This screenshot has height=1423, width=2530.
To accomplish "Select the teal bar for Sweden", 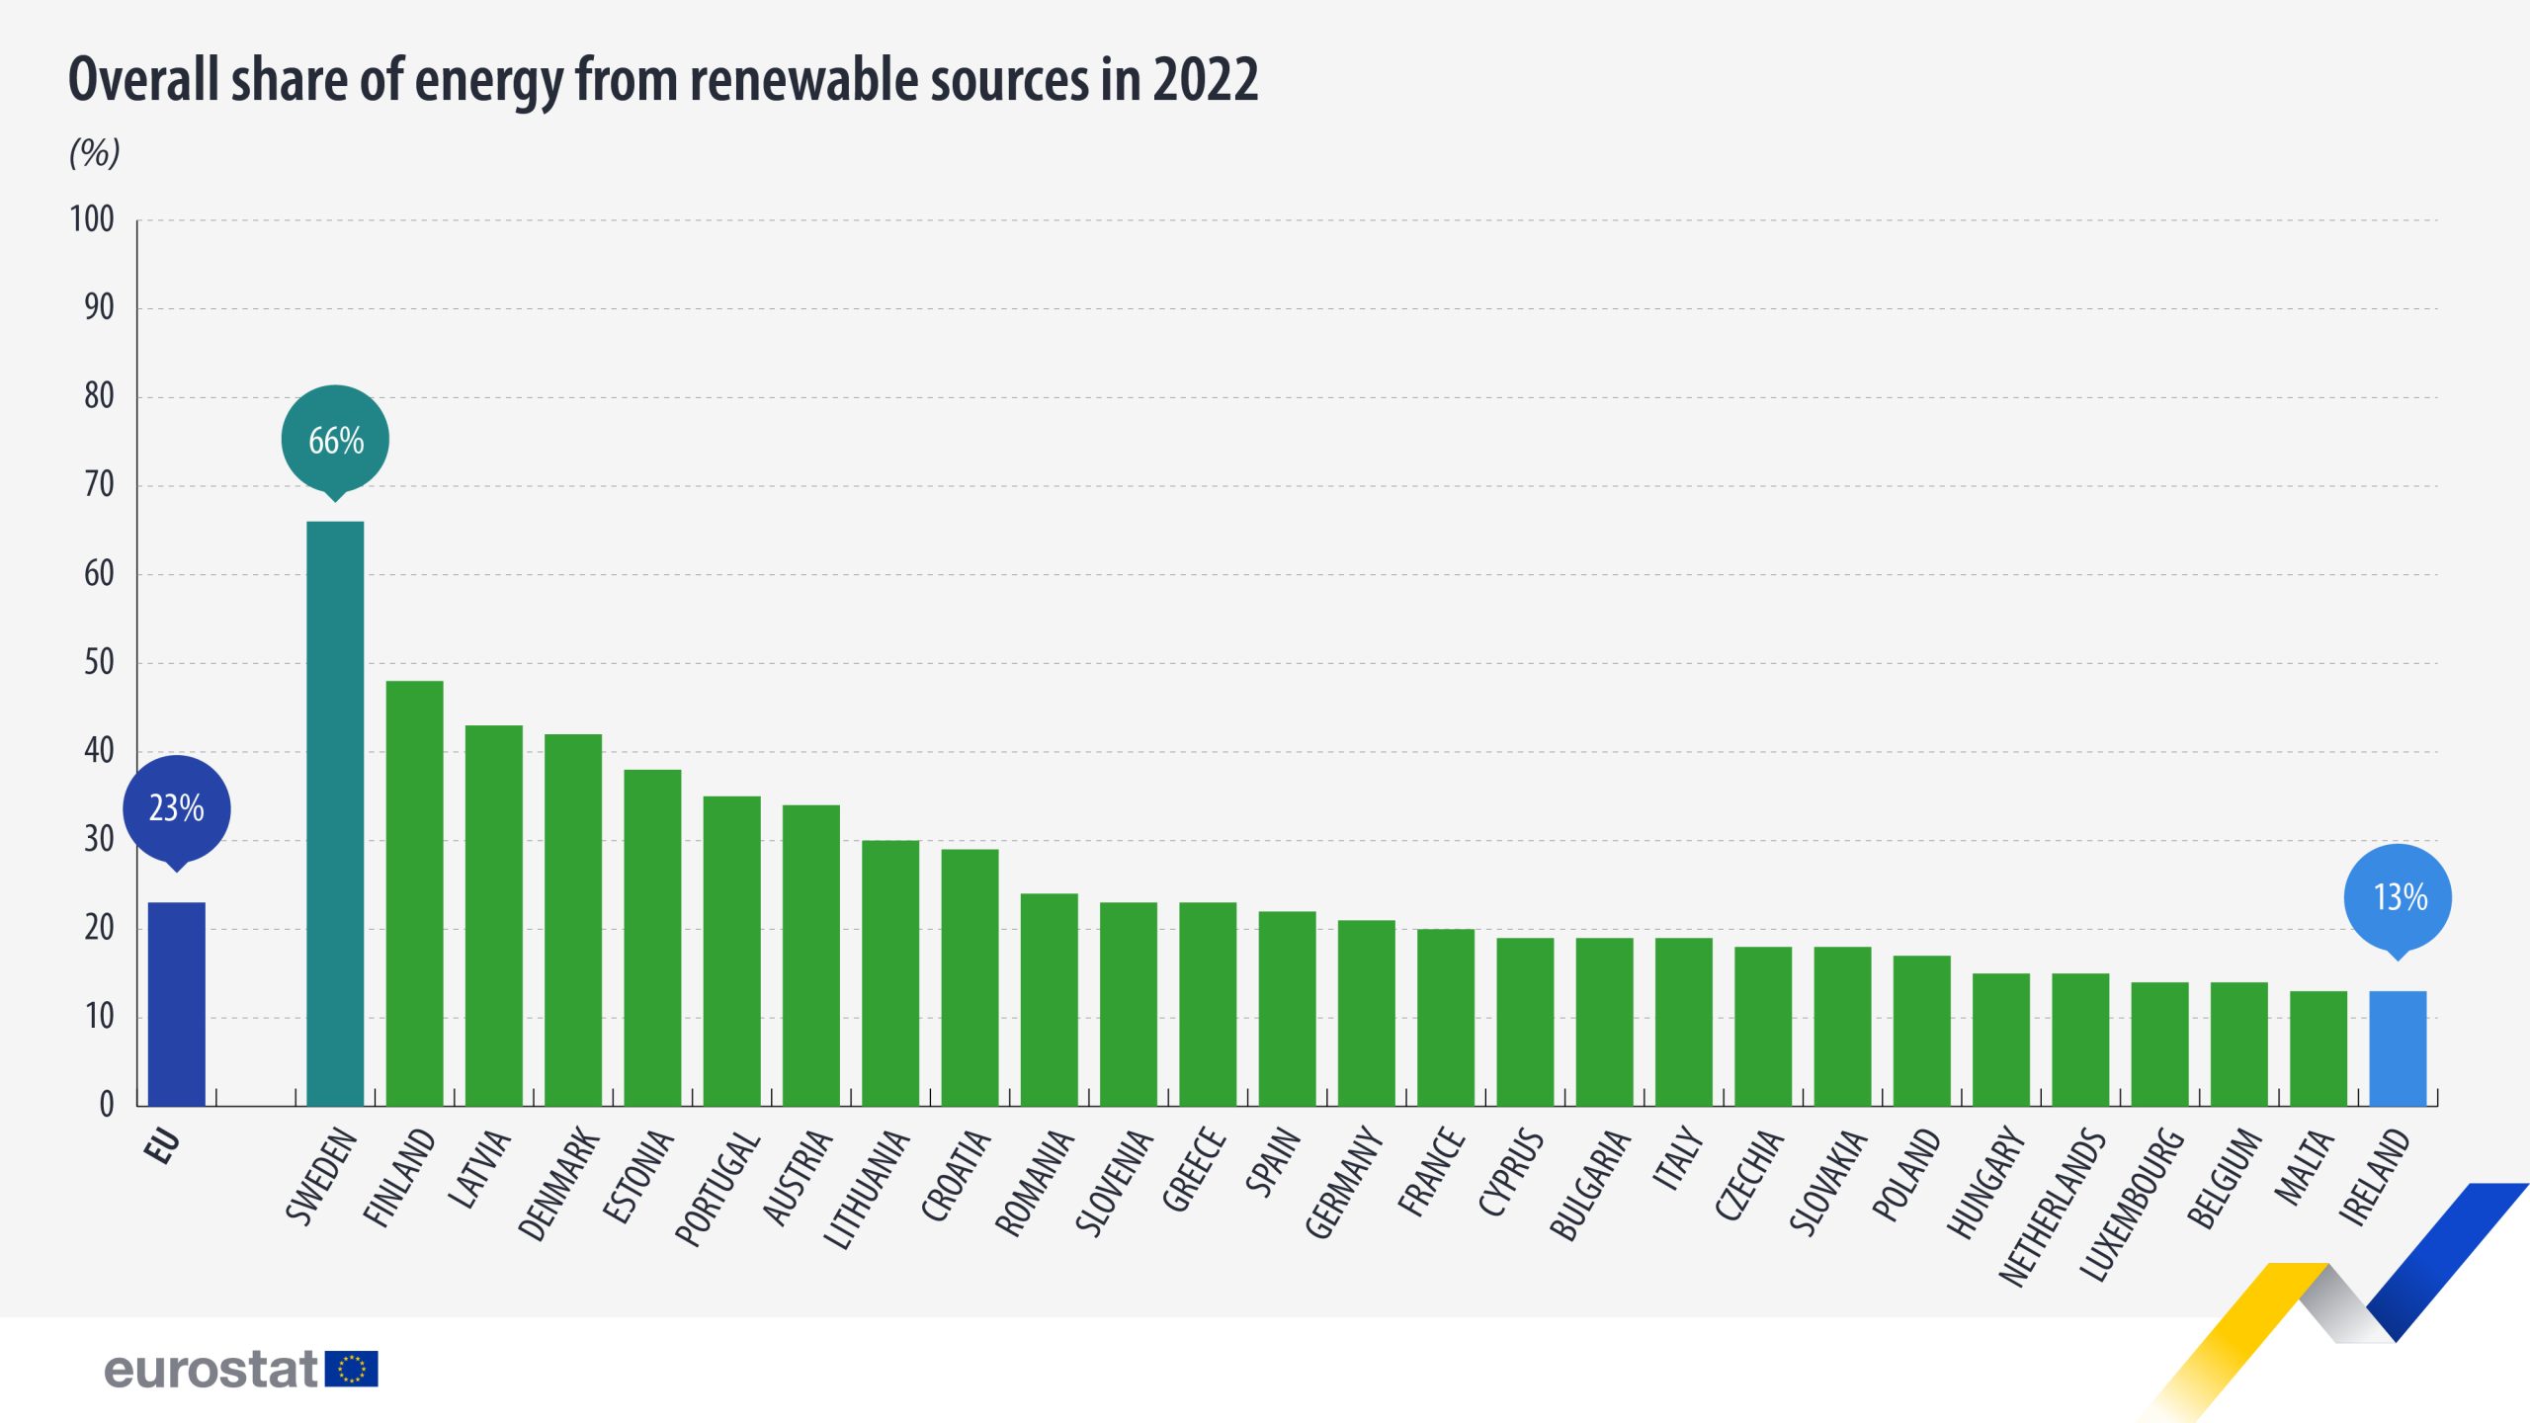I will click(x=335, y=812).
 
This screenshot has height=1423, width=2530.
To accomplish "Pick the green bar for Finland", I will click(x=414, y=892).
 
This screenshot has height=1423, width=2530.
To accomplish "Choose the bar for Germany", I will click(x=1366, y=1012).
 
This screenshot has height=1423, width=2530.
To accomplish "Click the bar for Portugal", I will click(x=731, y=950).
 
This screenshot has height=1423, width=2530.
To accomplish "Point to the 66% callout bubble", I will click(x=335, y=440).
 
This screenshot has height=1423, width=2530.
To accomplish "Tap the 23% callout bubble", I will click(x=177, y=808).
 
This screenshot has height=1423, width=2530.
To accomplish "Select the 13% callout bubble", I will click(x=2399, y=897).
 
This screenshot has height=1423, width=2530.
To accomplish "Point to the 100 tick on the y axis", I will click(x=92, y=219).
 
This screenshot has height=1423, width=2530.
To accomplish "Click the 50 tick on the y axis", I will click(x=99, y=662).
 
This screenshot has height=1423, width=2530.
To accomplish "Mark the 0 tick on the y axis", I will click(x=107, y=1105).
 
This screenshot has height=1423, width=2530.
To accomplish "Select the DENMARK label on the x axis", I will click(x=558, y=1184).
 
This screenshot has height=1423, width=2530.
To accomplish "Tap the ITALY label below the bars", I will click(x=1678, y=1158).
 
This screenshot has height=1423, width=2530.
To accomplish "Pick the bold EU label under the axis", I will click(x=163, y=1146).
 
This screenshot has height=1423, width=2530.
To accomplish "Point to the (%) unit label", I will click(x=94, y=152).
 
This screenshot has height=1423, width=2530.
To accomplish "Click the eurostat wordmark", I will click(x=211, y=1370).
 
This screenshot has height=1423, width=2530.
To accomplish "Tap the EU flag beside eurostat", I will click(x=352, y=1369).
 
